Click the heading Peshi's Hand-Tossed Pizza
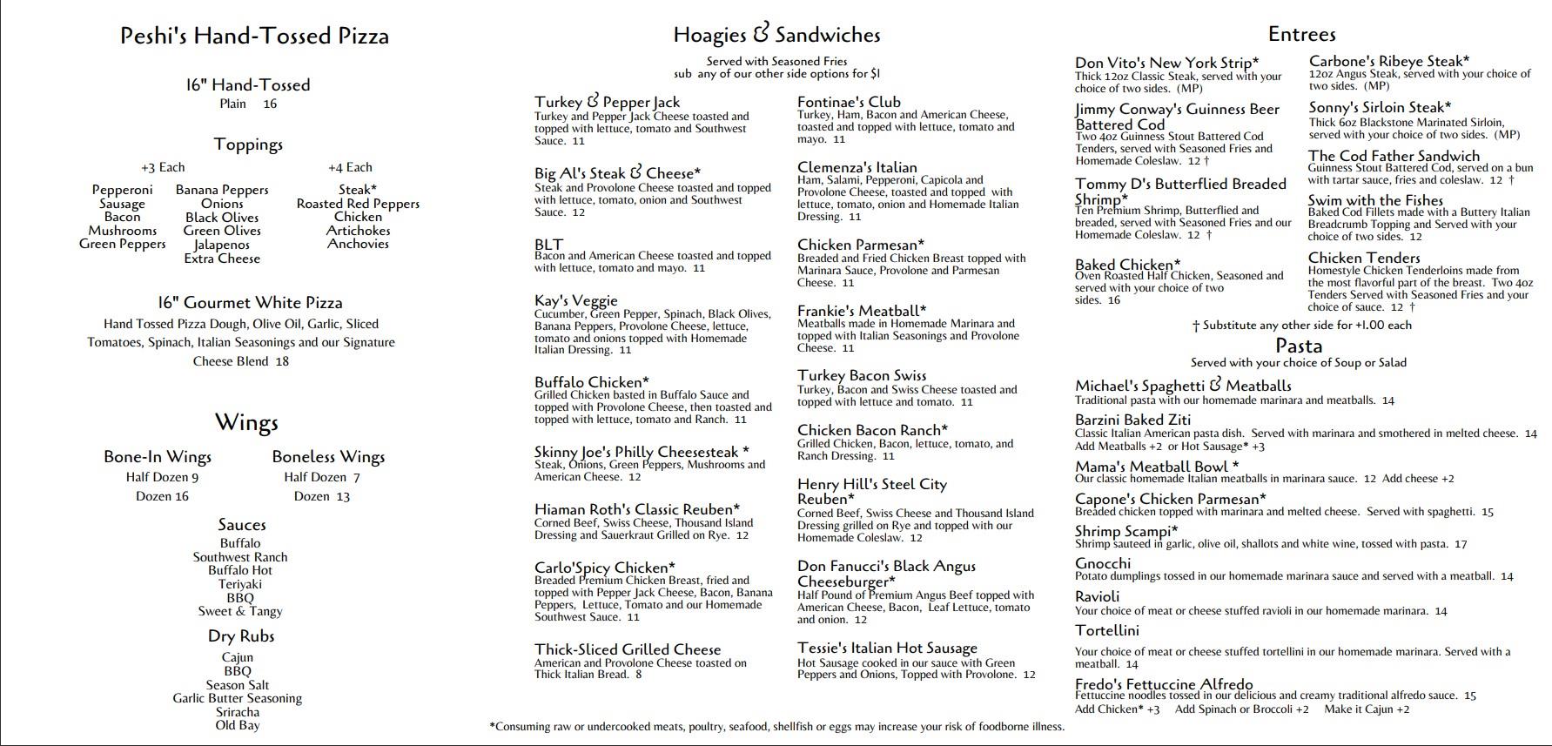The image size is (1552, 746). coord(254,36)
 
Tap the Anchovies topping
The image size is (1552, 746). coord(358,245)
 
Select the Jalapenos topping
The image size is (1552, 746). coord(222,245)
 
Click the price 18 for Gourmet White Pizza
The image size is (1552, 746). coord(281,361)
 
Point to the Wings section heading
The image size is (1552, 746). coord(246,423)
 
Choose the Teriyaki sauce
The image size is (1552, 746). coord(240,584)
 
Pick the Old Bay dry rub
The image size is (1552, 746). coord(238,725)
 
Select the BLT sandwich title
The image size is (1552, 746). coord(549,245)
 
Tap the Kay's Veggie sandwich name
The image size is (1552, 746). coord(576,301)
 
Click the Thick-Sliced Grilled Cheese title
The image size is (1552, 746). coord(628,649)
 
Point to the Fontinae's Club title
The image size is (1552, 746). coord(849,102)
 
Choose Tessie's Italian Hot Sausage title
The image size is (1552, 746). coord(887,648)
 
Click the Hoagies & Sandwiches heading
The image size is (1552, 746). coord(776,35)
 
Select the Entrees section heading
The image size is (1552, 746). coord(1301,34)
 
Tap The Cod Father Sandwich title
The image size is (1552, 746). coord(1381,156)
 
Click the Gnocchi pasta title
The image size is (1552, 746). coord(1103,563)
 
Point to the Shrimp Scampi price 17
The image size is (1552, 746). coord(1461,545)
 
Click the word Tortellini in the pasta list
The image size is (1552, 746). coord(1106,630)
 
